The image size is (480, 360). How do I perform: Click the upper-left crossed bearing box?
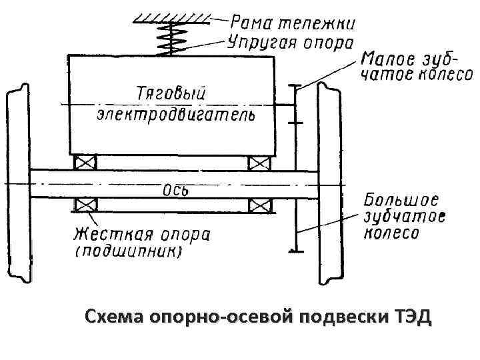pyautogui.click(x=85, y=162)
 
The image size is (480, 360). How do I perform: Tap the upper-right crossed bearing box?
pyautogui.click(x=259, y=162)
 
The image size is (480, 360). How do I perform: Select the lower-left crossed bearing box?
pyautogui.click(x=85, y=204)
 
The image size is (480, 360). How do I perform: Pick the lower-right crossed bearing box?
pyautogui.click(x=259, y=204)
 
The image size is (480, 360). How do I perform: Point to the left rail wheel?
pyautogui.click(x=17, y=183)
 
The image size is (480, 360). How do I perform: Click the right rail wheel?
pyautogui.click(x=331, y=183)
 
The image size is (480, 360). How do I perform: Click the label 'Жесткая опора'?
pyautogui.click(x=142, y=235)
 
